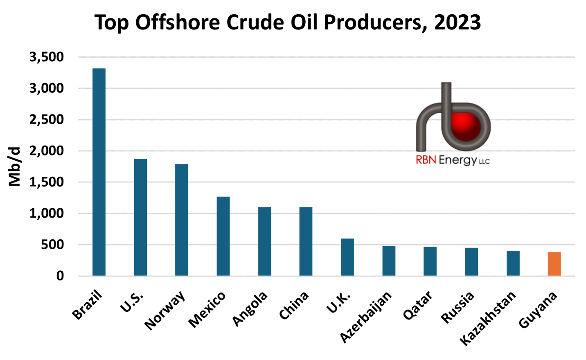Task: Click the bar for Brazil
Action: point(99,172)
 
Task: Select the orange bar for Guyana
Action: point(554,264)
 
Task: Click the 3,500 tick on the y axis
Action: point(47,57)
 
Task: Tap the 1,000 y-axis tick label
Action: point(47,214)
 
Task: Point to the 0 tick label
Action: point(60,276)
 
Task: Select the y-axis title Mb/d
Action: point(15,166)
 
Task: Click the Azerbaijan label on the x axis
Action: point(366,317)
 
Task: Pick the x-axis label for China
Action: point(294,306)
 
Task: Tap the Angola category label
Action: point(250,309)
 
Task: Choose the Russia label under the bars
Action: point(458,307)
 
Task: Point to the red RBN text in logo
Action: point(426,160)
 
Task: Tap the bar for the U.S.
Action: point(140,217)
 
